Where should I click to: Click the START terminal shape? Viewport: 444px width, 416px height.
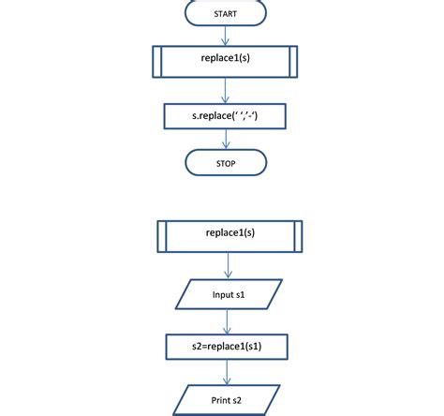225,14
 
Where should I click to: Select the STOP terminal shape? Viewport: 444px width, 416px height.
225,163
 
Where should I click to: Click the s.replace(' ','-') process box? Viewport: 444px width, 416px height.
225,116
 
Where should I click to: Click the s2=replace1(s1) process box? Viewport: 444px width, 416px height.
225,346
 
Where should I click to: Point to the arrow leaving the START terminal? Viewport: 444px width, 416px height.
226,37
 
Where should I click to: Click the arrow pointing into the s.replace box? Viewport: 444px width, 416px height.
226,91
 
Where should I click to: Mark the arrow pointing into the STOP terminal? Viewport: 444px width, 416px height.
226,140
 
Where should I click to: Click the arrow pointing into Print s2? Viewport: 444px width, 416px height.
226,372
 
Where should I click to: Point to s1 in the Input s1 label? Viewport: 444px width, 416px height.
241,295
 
